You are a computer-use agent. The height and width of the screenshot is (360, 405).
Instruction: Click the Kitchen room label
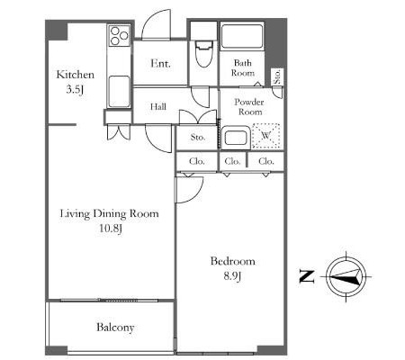[76, 75]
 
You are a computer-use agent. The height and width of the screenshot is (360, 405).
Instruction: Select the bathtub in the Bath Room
[242, 37]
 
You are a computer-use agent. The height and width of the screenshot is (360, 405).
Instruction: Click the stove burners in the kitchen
[119, 36]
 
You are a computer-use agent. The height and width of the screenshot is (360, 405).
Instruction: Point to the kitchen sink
[119, 92]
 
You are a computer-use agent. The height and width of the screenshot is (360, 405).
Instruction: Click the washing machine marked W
[266, 136]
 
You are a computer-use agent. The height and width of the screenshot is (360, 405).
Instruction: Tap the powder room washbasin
[236, 138]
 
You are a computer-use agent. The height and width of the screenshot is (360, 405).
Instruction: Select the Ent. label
[160, 63]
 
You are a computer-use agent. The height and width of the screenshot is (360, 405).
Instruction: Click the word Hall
[158, 106]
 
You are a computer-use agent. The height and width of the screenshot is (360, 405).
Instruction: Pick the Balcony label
[115, 328]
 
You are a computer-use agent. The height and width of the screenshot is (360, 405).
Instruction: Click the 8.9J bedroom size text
[232, 276]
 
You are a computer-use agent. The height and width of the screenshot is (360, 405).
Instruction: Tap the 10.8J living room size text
[111, 229]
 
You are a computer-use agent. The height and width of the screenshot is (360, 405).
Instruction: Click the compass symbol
[346, 276]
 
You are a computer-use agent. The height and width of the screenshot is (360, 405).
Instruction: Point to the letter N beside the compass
[307, 276]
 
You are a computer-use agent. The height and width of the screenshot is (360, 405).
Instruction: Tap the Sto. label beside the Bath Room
[277, 76]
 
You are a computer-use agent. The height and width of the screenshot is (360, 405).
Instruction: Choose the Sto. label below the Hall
[198, 138]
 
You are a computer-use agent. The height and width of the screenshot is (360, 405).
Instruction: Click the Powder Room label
[249, 107]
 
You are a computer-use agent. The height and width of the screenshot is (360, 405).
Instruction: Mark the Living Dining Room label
[110, 214]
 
